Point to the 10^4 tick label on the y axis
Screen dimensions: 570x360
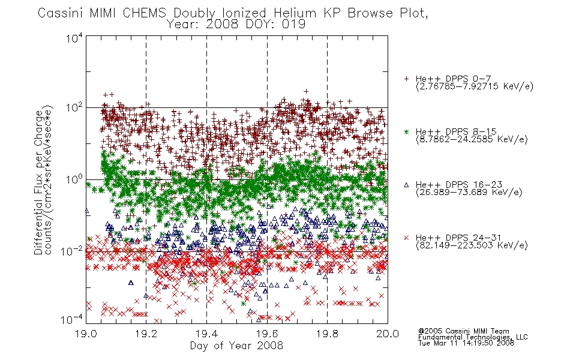(74, 38)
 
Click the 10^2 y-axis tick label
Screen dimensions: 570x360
(74, 107)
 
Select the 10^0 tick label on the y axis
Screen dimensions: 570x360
(74, 179)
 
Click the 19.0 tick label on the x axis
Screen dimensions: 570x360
(86, 334)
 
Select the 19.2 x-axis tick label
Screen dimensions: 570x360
(146, 334)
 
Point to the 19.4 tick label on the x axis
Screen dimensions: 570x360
(206, 334)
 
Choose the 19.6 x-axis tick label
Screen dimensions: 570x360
(267, 334)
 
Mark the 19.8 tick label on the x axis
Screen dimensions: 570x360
(327, 334)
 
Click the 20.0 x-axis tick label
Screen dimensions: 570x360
(388, 334)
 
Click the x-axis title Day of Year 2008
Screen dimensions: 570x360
(236, 346)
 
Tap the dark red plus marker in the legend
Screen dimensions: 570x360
(406, 79)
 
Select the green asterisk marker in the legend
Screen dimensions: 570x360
(406, 131)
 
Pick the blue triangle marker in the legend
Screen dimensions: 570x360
(406, 185)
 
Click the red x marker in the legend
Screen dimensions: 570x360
(406, 238)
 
